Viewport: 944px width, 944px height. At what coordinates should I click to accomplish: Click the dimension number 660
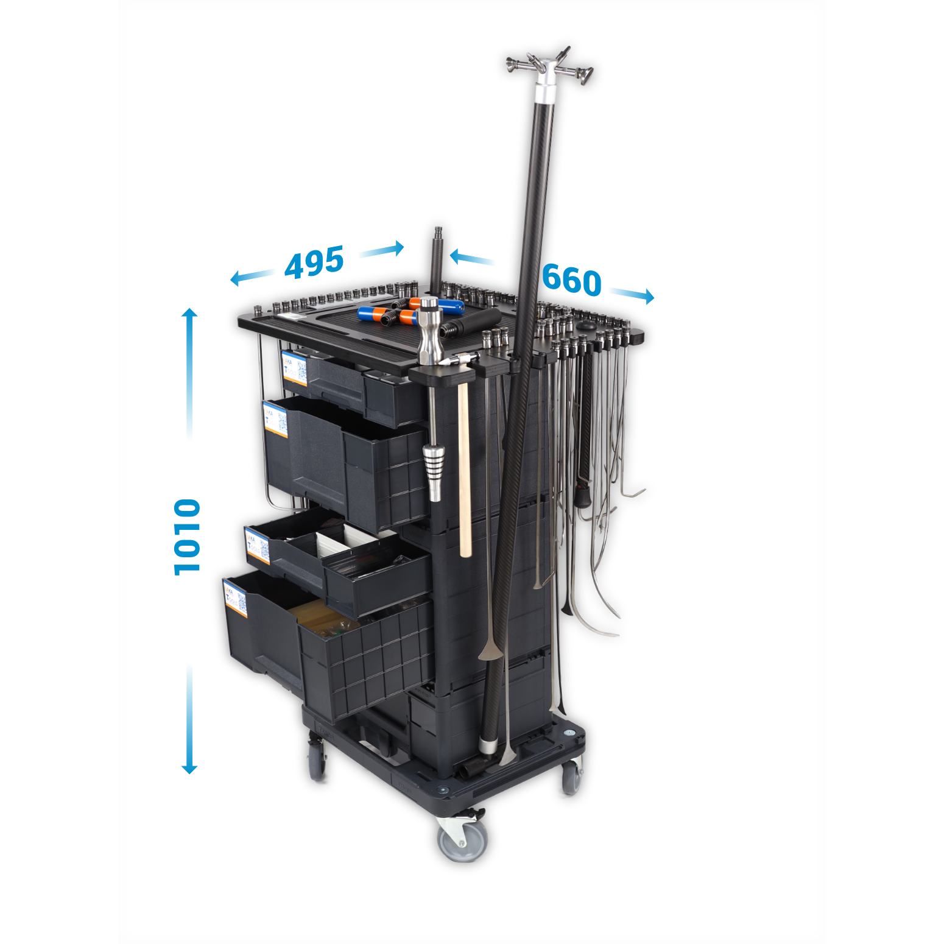571,280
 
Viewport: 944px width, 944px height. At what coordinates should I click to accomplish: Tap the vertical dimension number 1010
187,537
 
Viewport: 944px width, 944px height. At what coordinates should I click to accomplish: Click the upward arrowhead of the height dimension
190,313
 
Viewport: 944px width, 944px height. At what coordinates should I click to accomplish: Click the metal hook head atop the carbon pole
548,65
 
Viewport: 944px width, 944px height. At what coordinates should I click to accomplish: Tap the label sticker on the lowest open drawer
236,599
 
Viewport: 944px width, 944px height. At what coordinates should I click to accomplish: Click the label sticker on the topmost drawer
295,367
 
